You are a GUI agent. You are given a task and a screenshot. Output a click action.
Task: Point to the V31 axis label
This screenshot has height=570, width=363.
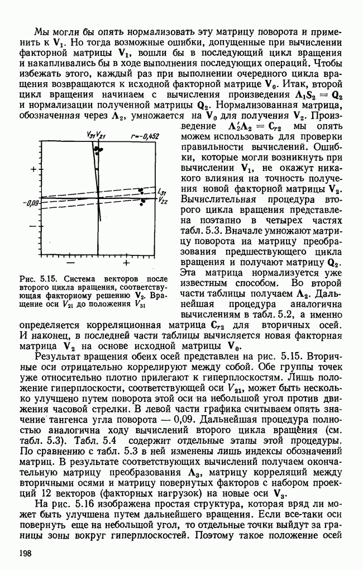click(x=90, y=135)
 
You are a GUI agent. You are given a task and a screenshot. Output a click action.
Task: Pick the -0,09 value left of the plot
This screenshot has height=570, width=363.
click(x=29, y=203)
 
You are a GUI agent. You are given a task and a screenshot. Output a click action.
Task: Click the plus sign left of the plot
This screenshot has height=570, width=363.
click(x=34, y=169)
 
